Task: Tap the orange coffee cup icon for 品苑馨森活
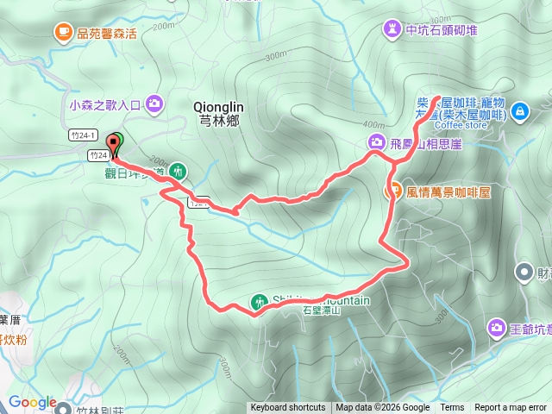tap(63, 33)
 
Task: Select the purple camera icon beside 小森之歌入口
tap(154, 104)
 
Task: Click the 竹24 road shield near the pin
tap(97, 156)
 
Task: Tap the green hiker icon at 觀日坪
tap(177, 171)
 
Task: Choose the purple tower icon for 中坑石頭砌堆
tap(393, 29)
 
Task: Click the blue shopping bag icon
tap(519, 111)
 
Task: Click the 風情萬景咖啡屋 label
tap(448, 191)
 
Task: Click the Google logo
tap(32, 402)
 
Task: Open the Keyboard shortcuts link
tap(288, 408)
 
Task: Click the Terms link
tap(452, 408)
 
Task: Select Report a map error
tap(511, 408)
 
